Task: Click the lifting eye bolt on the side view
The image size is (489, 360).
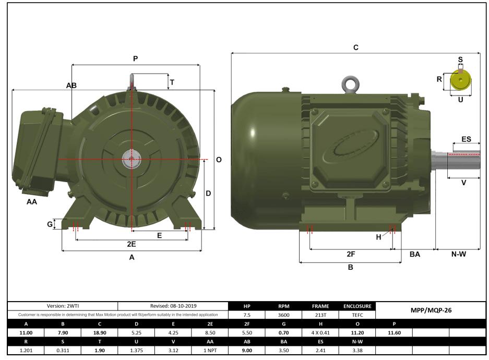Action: click(349, 84)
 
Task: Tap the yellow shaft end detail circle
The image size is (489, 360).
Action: click(460, 80)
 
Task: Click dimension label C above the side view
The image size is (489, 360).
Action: click(355, 47)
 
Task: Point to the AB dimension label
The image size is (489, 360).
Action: click(71, 86)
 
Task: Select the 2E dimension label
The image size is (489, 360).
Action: click(132, 244)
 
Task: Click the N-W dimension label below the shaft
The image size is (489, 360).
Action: click(458, 254)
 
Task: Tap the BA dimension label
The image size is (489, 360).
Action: click(414, 254)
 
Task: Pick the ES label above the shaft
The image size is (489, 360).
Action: click(466, 140)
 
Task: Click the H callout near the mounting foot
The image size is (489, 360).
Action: click(379, 237)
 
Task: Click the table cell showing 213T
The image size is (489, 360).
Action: click(320, 315)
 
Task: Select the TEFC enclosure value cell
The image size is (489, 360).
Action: click(357, 315)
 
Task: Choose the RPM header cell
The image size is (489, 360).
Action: click(283, 306)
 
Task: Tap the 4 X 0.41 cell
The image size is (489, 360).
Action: click(320, 332)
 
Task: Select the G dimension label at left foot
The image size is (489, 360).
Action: click(50, 224)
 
